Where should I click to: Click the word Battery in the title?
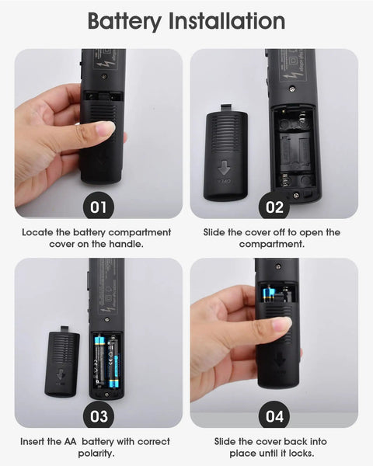pyautogui.click(x=124, y=22)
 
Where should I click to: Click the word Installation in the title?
pyautogui.click(x=227, y=21)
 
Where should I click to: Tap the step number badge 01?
pyautogui.click(x=98, y=207)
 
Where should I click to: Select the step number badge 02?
pyautogui.click(x=274, y=207)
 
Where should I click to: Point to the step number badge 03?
pyautogui.click(x=99, y=416)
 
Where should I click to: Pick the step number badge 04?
pyautogui.click(x=274, y=416)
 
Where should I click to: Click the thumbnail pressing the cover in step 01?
pyautogui.click(x=105, y=129)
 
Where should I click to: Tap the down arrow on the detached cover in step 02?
pyautogui.click(x=224, y=168)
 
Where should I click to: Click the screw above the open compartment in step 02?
pyautogui.click(x=292, y=88)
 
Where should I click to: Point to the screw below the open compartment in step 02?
pyautogui.click(x=296, y=195)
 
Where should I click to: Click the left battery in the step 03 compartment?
pyautogui.click(x=99, y=360)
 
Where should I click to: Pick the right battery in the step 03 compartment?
pyautogui.click(x=113, y=362)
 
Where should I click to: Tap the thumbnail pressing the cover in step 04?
pyautogui.click(x=281, y=325)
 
